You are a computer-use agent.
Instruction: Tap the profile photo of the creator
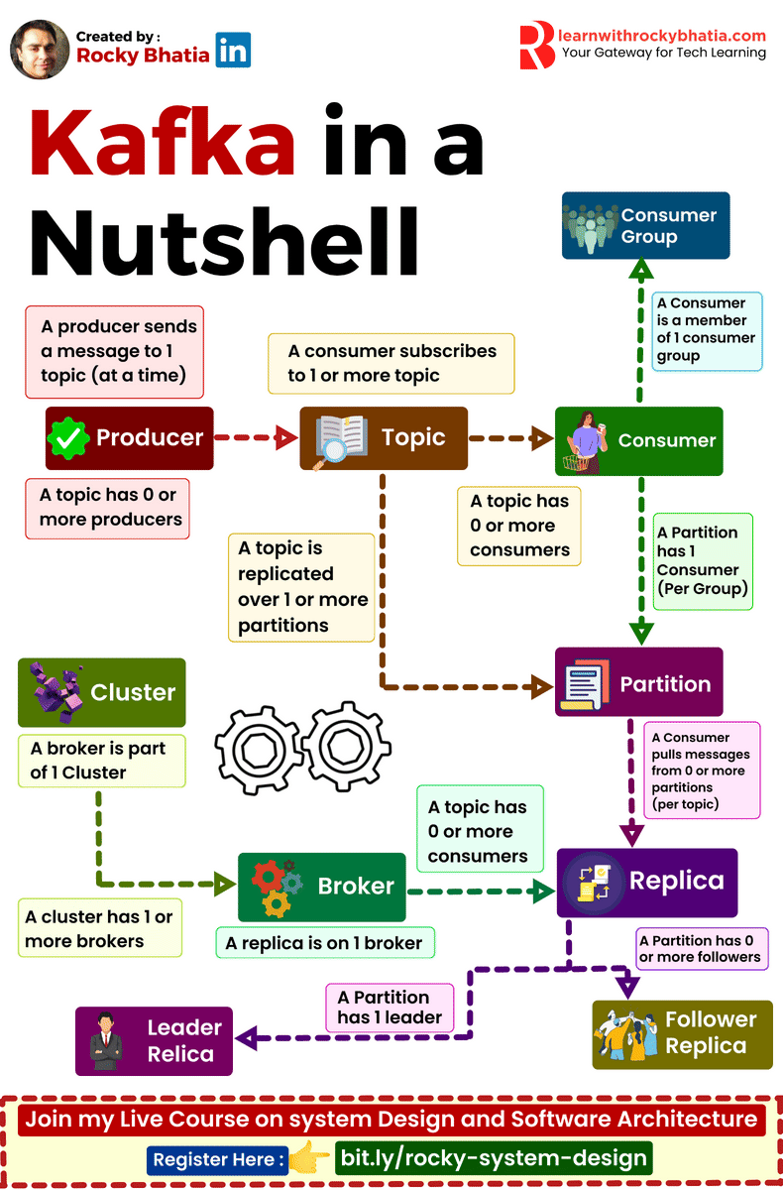click(x=40, y=49)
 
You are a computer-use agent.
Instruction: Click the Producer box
click(x=130, y=438)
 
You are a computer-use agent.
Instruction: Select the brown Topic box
click(x=384, y=438)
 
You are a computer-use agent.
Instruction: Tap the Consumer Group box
click(x=645, y=226)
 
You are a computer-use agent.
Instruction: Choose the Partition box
click(x=639, y=683)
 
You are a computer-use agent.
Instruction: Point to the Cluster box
click(x=101, y=692)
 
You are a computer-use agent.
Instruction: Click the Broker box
click(x=322, y=887)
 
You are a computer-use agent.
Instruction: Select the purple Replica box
click(x=647, y=882)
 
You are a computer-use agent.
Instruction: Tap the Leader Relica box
click(x=155, y=1041)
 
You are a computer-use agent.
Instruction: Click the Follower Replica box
click(x=682, y=1033)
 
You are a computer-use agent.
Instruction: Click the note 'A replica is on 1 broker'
click(x=325, y=943)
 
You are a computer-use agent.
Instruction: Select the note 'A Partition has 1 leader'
click(x=390, y=1007)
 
